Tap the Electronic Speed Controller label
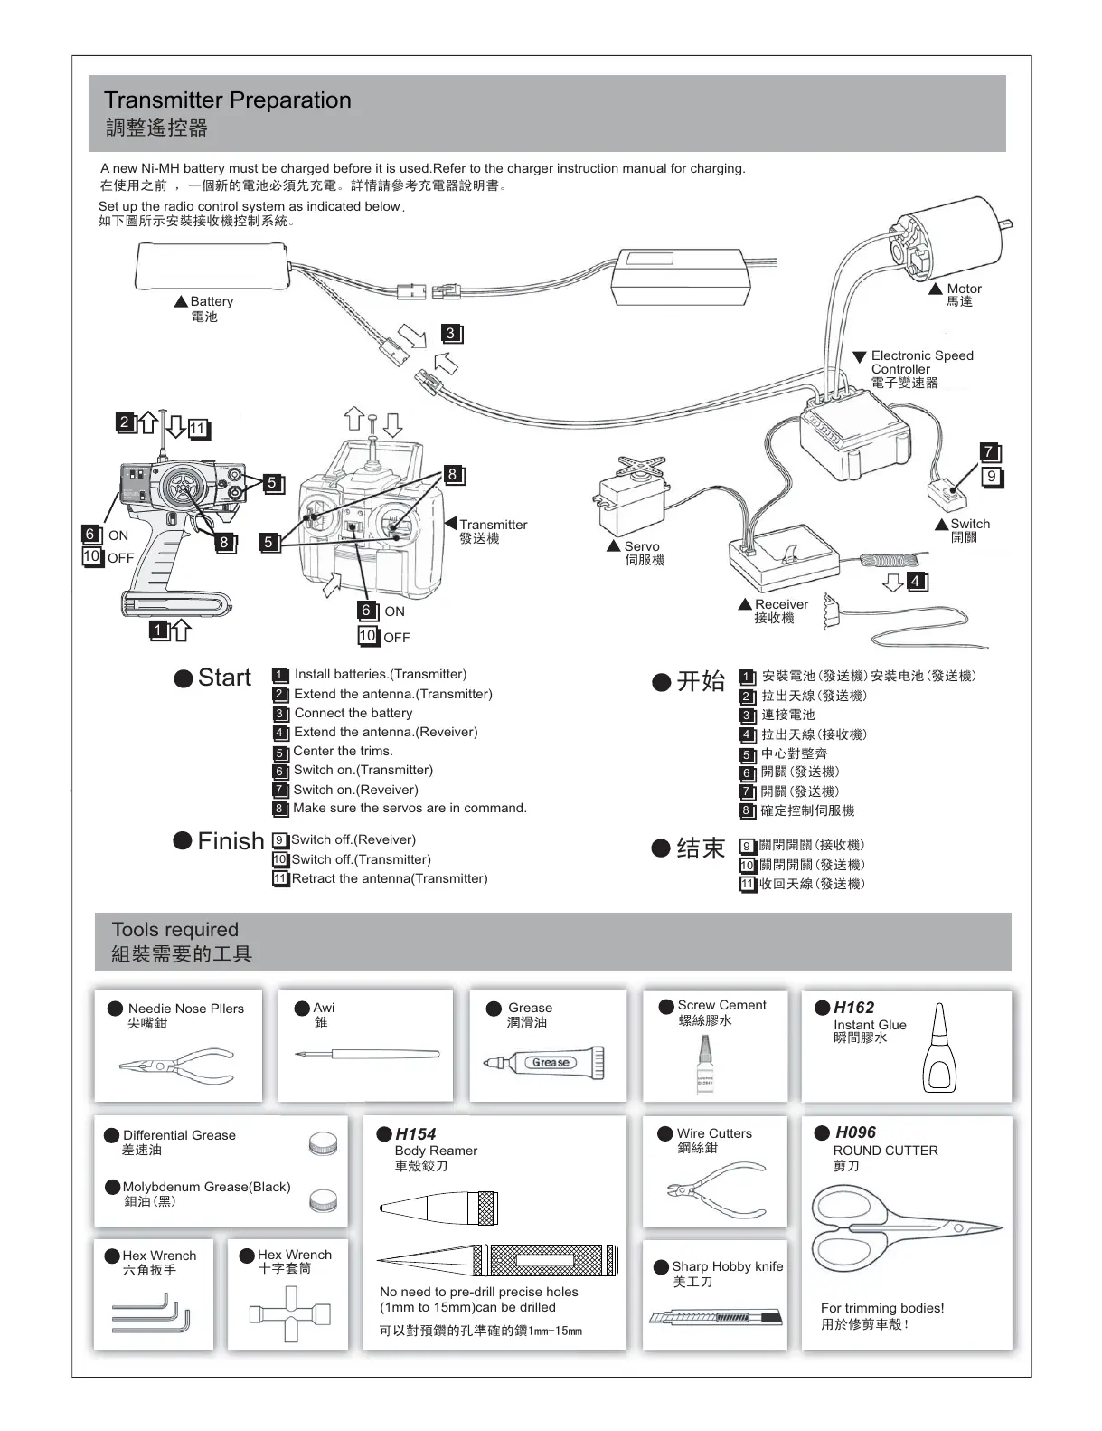tap(921, 369)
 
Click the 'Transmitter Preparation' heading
tap(227, 100)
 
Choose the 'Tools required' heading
tap(174, 930)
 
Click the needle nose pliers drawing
tap(177, 1066)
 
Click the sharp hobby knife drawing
tap(714, 1316)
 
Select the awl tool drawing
tap(366, 1054)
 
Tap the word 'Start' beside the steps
tap(224, 678)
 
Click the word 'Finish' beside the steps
tap(231, 841)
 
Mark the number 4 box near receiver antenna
tap(917, 581)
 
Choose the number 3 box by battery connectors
tap(451, 334)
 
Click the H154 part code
tap(415, 1134)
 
